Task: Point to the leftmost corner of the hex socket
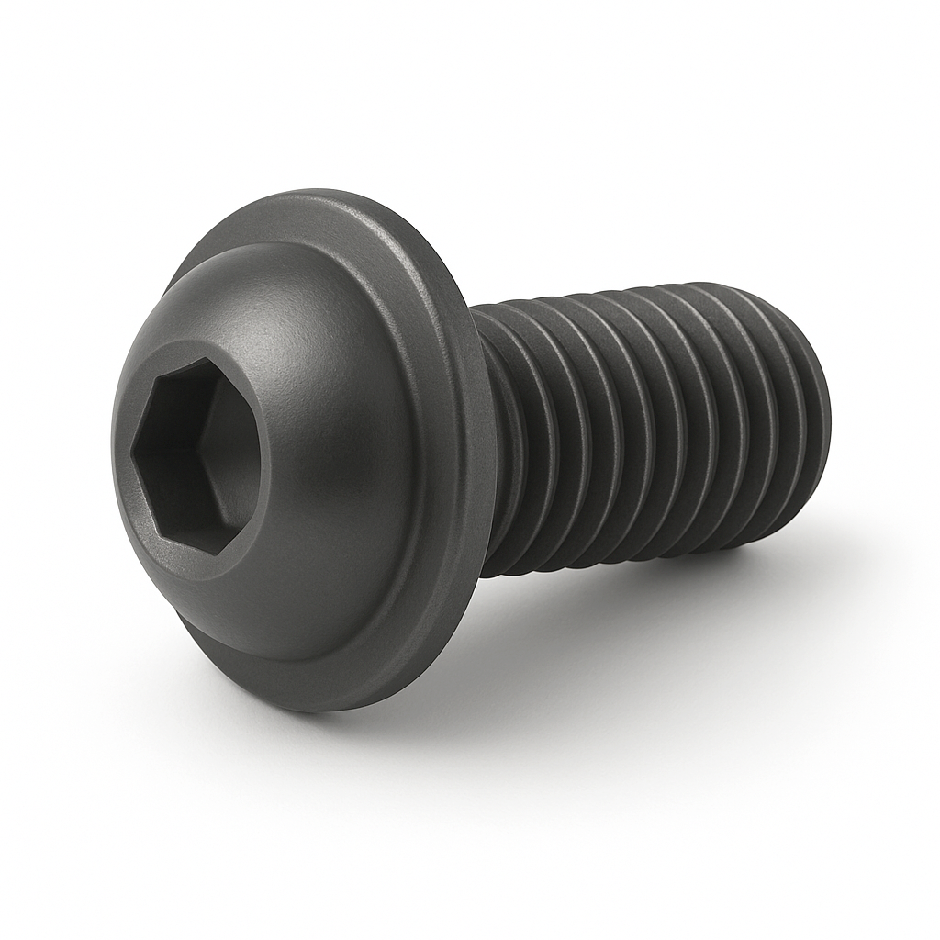coord(132,450)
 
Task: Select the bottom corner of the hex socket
coord(213,554)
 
